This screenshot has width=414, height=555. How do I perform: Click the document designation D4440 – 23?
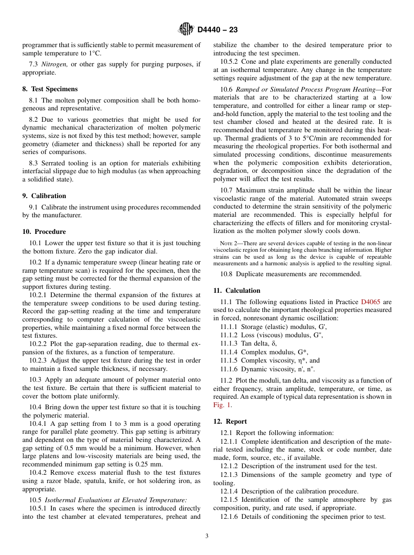click(217, 30)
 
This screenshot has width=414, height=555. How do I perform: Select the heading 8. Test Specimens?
click(50, 89)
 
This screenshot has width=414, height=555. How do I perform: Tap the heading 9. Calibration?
click(44, 196)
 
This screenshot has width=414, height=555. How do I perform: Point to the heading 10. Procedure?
click(44, 232)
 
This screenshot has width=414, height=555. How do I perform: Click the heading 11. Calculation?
click(237, 291)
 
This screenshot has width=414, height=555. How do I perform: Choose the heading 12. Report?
click(230, 421)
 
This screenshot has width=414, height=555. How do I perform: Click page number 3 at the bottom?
click(207, 536)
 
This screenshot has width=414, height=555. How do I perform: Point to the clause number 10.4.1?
click(38, 424)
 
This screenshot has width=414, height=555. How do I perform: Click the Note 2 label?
click(227, 243)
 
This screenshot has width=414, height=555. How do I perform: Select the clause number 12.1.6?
click(229, 517)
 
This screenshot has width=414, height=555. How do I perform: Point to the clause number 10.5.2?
click(229, 62)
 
